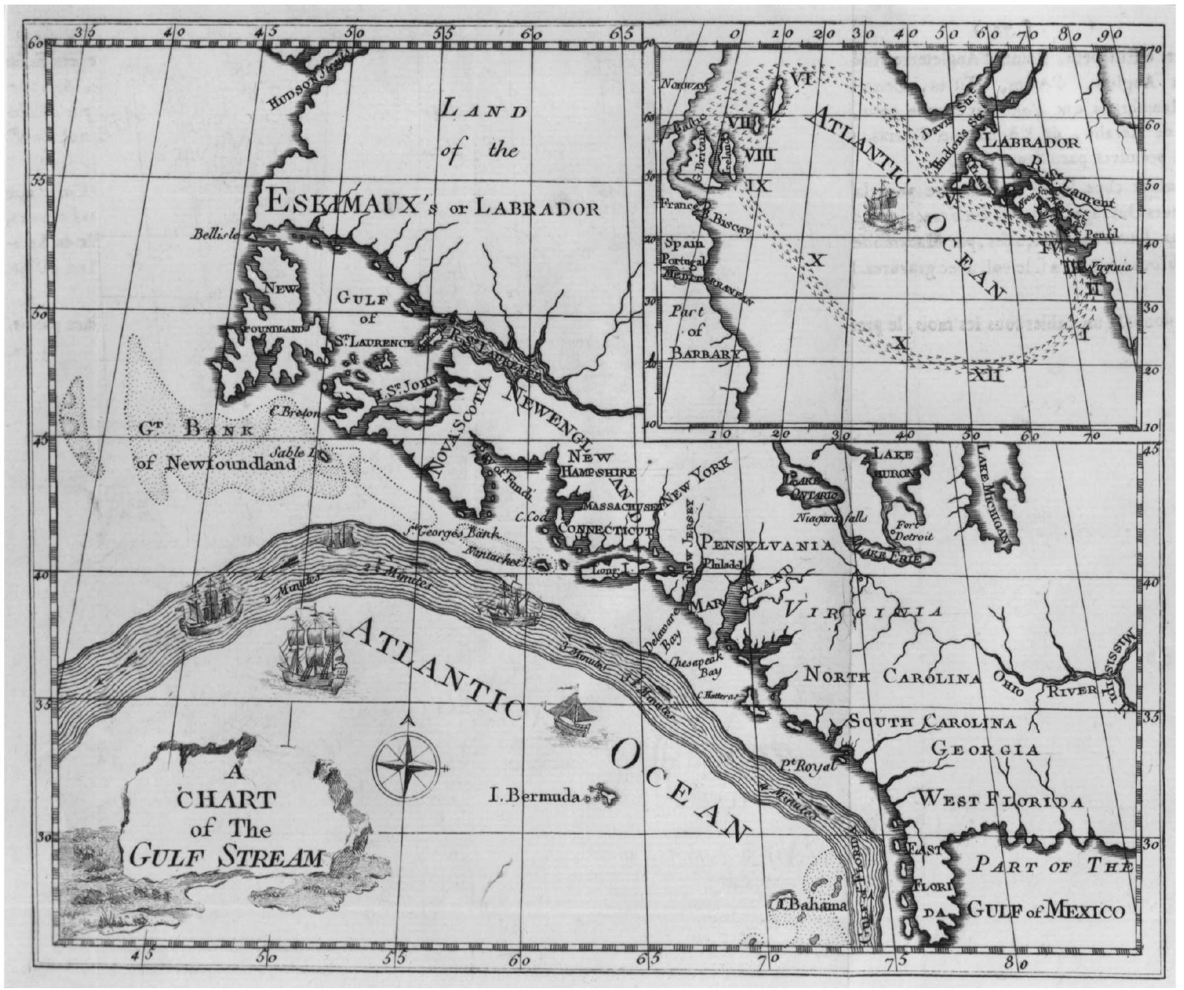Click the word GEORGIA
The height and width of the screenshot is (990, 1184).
click(985, 750)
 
